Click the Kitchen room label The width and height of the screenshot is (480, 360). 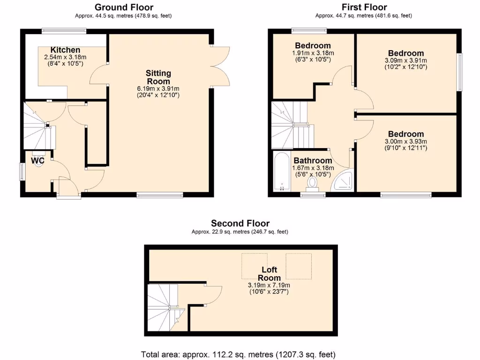[65, 50]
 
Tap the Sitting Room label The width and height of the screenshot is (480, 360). [158, 77]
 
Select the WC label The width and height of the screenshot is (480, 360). [37, 161]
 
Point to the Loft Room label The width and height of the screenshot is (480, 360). [269, 274]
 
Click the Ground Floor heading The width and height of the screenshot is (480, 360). [124, 7]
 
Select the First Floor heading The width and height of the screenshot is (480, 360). [364, 7]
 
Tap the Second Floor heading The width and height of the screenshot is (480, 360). [240, 223]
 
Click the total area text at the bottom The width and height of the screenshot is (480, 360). [238, 354]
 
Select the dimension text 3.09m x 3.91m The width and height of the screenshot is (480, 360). [406, 60]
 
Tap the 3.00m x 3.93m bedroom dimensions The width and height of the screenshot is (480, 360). [406, 142]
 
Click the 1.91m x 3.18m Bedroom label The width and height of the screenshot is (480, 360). [313, 46]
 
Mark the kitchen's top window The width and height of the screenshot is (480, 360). [64, 31]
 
